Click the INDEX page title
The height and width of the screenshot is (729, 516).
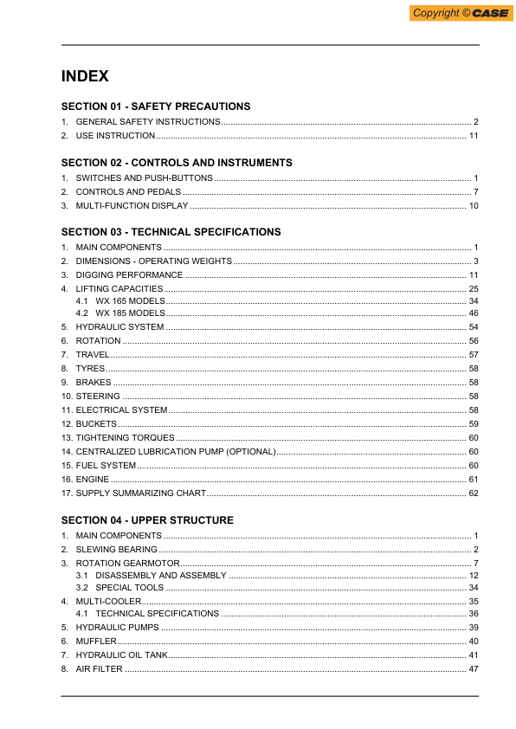85,76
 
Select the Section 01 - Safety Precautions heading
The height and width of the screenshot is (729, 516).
156,106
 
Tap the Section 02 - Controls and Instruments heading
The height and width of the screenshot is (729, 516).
177,163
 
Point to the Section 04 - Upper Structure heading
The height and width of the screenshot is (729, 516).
147,520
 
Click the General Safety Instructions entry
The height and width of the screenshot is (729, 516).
148,122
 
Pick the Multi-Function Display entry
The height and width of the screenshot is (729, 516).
132,206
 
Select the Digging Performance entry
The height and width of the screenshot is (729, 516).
130,274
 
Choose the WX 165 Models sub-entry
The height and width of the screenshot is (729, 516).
130,300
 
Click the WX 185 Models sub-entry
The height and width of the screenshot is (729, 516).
130,313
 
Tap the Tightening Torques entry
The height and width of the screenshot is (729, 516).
125,438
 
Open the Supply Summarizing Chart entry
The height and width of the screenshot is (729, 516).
141,494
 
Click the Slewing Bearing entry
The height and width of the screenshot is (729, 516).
117,550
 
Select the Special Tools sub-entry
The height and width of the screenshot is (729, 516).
129,588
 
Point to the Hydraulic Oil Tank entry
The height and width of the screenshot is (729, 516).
121,655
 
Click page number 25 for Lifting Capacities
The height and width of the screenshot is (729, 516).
474,288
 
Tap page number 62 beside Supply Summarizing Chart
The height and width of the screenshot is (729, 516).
474,494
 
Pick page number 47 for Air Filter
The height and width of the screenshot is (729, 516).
474,669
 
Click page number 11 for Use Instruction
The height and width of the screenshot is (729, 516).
474,136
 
